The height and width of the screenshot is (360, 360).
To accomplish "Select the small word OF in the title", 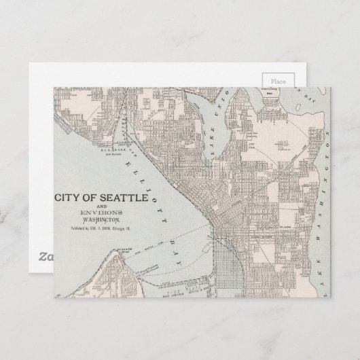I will (92, 197).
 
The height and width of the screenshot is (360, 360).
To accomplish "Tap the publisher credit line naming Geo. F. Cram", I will (99, 229).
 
